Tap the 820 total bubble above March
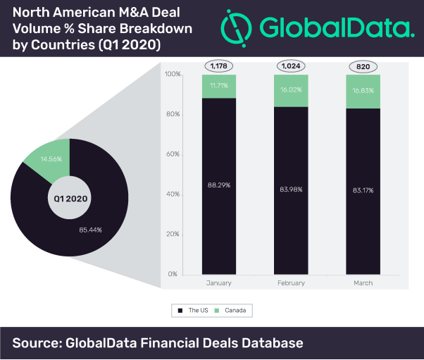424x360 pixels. tap(363, 66)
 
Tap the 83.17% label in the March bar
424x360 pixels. tap(363, 190)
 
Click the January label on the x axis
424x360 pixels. tap(219, 283)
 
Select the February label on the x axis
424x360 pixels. tap(292, 283)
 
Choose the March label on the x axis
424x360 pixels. tap(363, 283)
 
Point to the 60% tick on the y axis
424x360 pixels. tap(172, 154)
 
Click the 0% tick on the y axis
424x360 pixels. tap(174, 273)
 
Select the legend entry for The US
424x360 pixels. tap(190, 309)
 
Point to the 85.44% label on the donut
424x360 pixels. tap(94, 230)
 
